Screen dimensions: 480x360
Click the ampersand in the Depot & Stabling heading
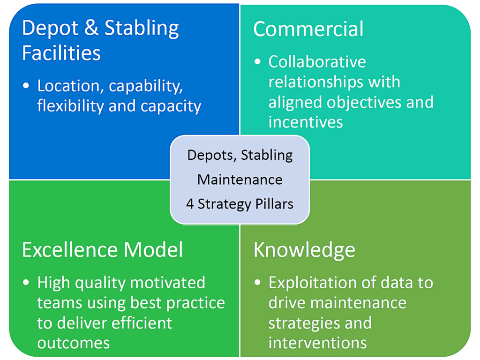click(91, 28)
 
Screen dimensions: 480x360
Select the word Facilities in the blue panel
click(61, 52)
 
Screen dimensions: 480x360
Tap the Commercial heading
click(308, 29)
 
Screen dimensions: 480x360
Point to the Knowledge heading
click(304, 251)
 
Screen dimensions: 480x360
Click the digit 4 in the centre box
click(190, 204)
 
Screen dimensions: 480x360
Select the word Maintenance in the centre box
click(240, 180)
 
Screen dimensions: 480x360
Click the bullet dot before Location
click(26, 86)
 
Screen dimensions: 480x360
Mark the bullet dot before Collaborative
click(257, 62)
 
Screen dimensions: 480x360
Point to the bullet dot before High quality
click(26, 282)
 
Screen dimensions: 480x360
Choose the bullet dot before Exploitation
click(257, 282)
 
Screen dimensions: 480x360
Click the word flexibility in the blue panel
click(70, 106)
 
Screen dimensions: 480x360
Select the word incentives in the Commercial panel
click(306, 122)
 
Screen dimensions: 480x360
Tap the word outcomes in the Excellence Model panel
click(74, 343)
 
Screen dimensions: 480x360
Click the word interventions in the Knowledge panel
click(317, 343)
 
